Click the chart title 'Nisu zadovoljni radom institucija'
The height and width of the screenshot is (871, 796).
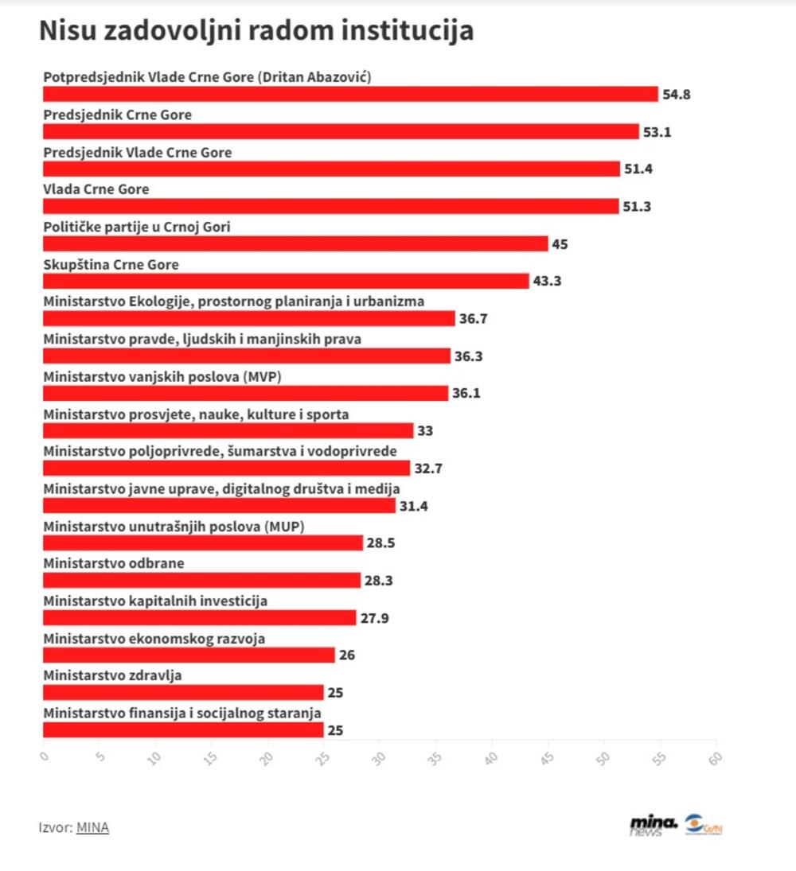256,31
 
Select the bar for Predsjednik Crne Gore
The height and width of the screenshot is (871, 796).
341,132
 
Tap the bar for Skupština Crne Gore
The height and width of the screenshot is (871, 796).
285,281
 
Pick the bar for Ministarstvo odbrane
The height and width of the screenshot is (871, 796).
201,580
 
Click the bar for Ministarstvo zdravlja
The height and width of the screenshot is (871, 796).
182,692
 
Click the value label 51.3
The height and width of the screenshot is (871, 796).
637,207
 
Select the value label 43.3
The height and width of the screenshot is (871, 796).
547,281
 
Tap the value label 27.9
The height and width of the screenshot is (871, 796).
374,617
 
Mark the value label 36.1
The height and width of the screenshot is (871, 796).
466,393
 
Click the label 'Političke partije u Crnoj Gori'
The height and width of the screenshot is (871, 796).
136,227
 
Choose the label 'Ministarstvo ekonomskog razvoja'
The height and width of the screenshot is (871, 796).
154,639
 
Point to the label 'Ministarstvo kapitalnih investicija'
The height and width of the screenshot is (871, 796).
155,601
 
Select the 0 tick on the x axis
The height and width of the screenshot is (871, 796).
44,756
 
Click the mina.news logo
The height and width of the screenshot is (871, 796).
653,825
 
